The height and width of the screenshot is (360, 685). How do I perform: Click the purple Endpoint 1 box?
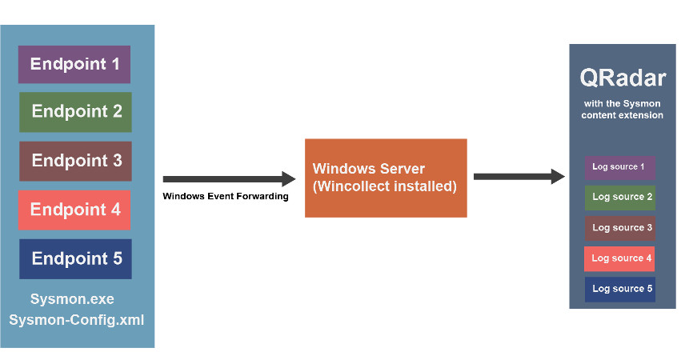(74, 64)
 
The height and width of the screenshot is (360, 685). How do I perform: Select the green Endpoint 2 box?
(75, 112)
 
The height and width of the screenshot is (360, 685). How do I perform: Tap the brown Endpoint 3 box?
(75, 161)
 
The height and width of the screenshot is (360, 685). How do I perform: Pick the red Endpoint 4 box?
(75, 210)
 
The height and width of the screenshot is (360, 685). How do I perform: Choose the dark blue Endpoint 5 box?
(75, 258)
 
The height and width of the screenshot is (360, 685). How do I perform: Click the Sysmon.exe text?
(72, 300)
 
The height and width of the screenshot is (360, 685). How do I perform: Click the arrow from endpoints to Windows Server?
(229, 179)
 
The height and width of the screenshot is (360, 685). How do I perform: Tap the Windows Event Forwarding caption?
(225, 196)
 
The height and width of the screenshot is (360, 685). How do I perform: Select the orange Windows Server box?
(385, 178)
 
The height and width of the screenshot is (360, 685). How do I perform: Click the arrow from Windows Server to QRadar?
(519, 176)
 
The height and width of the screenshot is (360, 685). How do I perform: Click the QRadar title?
(622, 79)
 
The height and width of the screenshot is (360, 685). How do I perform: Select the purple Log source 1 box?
(620, 167)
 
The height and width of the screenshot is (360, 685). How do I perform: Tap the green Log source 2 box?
(620, 197)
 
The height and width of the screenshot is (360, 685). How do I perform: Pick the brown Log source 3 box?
(620, 228)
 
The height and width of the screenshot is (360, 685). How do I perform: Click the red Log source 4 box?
(620, 258)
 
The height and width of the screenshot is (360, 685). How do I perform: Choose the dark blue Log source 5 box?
(620, 289)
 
